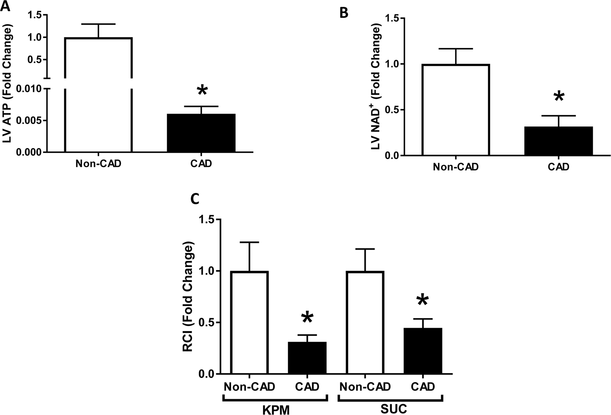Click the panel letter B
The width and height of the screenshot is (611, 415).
click(x=344, y=13)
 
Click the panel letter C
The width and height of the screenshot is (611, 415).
click(x=195, y=200)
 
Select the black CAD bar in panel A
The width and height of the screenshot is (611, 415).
click(x=201, y=133)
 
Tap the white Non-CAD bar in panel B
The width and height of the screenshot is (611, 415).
click(x=455, y=110)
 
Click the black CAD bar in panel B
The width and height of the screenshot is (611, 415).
click(x=558, y=141)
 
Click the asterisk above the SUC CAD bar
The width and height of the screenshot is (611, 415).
click(x=422, y=301)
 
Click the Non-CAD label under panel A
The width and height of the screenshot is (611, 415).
click(x=98, y=164)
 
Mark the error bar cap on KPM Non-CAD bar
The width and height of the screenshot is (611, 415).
click(x=249, y=242)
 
